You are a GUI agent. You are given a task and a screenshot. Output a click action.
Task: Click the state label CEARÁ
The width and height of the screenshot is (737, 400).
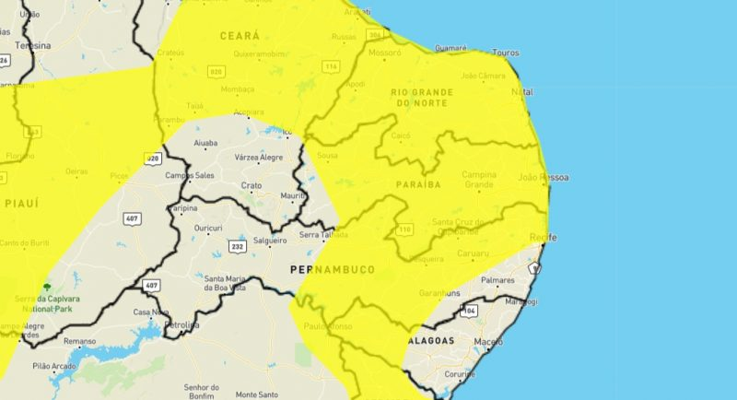(239, 35)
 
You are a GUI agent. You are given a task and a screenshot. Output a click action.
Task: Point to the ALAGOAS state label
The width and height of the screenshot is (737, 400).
(429, 340)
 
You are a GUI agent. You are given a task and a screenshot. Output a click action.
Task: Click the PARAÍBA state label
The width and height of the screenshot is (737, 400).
(418, 184)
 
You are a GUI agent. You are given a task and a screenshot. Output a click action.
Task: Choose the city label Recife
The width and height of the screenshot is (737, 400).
(544, 238)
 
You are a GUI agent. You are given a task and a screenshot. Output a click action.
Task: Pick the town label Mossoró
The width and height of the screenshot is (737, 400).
(384, 53)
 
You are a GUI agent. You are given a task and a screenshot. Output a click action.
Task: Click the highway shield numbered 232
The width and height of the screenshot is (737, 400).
(237, 247)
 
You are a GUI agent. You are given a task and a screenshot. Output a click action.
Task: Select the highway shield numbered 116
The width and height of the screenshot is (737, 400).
(331, 66)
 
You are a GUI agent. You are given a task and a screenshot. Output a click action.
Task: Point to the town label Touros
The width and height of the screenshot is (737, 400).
(507, 52)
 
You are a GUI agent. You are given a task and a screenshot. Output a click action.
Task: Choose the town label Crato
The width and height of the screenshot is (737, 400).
(252, 185)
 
